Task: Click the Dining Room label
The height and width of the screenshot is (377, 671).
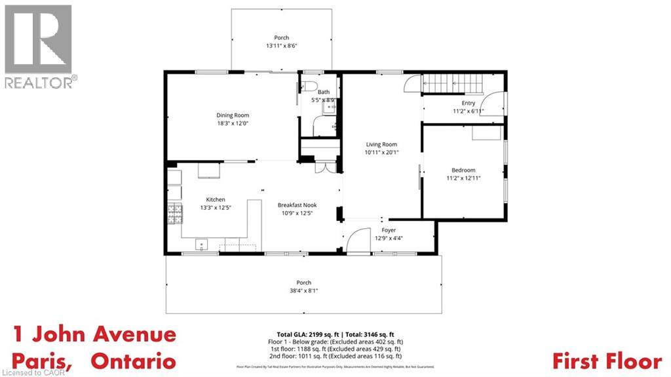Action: (233, 115)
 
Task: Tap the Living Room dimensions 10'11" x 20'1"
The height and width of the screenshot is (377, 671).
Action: (381, 152)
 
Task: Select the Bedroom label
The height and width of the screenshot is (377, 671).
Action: (463, 170)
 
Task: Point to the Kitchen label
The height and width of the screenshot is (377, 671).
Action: (216, 199)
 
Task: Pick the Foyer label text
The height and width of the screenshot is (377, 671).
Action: (389, 230)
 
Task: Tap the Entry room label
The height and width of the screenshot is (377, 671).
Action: (468, 103)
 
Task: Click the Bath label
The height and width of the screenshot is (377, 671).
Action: (324, 92)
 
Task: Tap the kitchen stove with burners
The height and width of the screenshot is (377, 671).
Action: (174, 214)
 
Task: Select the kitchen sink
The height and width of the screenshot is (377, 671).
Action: (202, 244)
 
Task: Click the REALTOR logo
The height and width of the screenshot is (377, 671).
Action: (39, 46)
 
